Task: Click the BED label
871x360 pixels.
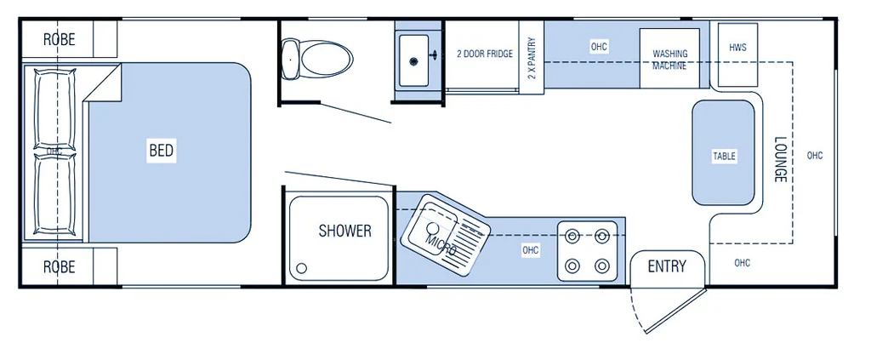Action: tap(161, 150)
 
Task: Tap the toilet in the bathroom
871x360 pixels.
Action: tap(316, 59)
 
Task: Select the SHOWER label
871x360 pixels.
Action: tap(344, 231)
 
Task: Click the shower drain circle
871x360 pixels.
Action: tap(302, 268)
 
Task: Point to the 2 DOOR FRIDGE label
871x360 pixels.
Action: tap(484, 54)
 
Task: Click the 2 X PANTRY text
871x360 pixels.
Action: tap(532, 58)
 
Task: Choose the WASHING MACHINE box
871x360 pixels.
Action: tap(669, 59)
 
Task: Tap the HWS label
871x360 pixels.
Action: tap(737, 48)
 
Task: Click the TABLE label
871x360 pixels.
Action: tap(724, 156)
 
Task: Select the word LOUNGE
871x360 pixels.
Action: tap(779, 159)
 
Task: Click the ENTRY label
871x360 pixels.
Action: tap(667, 266)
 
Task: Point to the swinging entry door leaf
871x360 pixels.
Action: tap(676, 311)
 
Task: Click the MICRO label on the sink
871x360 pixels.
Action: tap(441, 245)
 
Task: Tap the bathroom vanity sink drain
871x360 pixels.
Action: tap(413, 61)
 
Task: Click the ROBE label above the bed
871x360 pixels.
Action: tap(60, 39)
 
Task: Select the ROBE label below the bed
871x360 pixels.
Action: tap(60, 266)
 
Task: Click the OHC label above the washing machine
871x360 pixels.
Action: tap(599, 47)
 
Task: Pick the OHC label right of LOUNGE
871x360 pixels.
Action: tap(815, 156)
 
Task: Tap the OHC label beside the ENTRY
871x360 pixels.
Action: tap(742, 263)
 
